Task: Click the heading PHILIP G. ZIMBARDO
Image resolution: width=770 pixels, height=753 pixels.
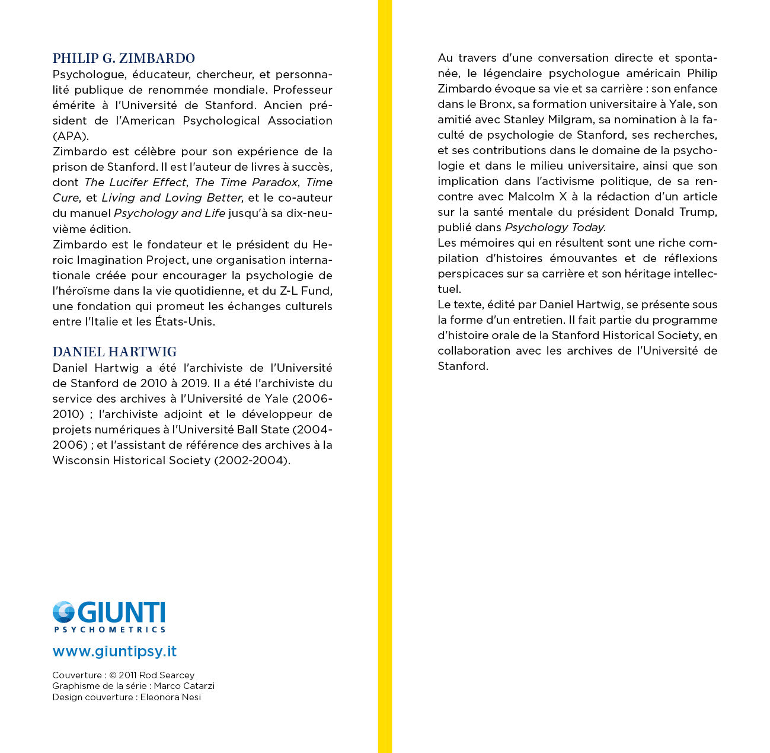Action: (123, 58)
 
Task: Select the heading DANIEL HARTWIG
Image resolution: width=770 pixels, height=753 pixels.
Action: (114, 352)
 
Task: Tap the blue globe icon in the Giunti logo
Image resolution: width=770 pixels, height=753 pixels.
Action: (63, 612)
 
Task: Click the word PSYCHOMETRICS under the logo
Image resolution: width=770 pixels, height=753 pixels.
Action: (110, 629)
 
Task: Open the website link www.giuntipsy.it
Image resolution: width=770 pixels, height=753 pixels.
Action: (114, 651)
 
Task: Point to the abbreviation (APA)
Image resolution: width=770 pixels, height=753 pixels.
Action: (71, 136)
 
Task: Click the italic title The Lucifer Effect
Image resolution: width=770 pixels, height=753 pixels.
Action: (136, 182)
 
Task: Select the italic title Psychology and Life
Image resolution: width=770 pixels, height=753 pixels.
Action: (170, 213)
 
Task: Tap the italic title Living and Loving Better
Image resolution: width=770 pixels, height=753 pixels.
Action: (172, 197)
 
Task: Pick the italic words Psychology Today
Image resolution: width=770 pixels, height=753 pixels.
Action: (554, 227)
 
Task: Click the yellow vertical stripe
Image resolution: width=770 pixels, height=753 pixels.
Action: (385, 376)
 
